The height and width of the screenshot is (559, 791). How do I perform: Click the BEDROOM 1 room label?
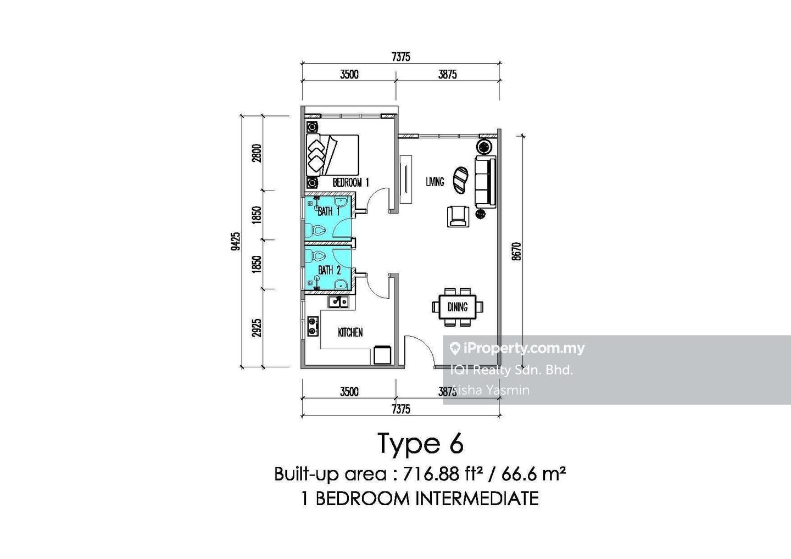350,182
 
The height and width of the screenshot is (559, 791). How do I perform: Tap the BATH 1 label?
329,211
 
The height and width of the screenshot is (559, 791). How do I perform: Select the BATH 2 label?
330,270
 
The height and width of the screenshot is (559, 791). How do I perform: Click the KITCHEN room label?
350,332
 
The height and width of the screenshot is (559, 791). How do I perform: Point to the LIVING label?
435,182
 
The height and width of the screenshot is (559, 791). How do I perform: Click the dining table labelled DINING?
458,307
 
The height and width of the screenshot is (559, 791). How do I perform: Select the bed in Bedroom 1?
333,155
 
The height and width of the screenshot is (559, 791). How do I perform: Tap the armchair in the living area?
459,216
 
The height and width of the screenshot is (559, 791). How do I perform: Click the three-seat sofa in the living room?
485,181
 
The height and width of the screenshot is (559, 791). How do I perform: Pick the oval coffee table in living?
460,180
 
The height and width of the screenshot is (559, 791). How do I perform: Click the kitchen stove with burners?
313,326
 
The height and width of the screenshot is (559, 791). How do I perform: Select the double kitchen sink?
338,301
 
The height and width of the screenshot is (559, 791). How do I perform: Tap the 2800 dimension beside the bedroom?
257,153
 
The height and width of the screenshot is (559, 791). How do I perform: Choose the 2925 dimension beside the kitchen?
257,328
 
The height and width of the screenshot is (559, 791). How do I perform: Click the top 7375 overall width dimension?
400,57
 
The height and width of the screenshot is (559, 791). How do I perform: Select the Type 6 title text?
420,444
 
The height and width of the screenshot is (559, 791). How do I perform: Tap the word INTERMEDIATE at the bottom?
476,499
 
